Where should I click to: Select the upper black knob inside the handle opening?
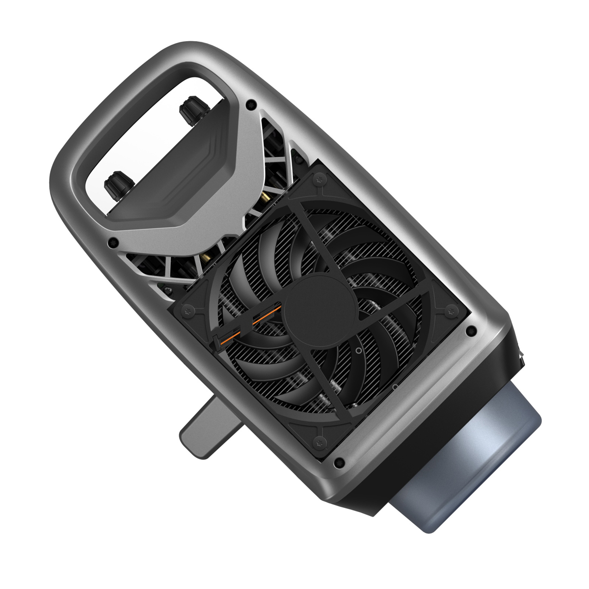188,110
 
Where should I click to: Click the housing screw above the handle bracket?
251,104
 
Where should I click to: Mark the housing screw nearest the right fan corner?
472,329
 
